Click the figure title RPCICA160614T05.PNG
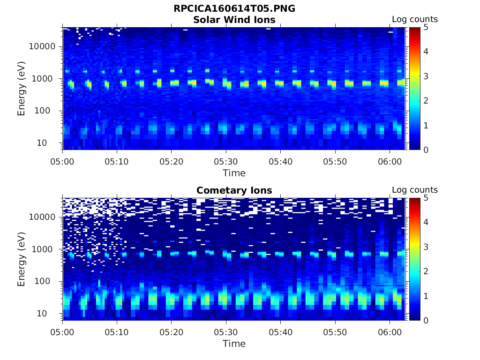tap(234, 8)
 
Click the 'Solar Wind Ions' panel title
tap(234, 20)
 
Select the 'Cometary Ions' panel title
tap(234, 190)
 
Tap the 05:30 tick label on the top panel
tap(226, 161)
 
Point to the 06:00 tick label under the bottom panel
tap(390, 332)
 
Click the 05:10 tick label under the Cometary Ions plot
tap(117, 332)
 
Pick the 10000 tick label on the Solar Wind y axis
tap(43, 46)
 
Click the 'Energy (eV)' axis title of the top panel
tap(22, 89)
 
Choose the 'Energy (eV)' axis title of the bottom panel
tap(22, 259)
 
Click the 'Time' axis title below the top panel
tap(234, 173)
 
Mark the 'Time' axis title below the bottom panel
tap(234, 344)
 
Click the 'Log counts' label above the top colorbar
tap(415, 19)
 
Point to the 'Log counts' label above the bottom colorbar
tap(415, 190)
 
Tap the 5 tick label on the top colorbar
tap(426, 27)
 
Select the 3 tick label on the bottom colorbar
tap(426, 247)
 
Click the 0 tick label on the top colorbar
tap(426, 150)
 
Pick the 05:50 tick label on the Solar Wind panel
tap(335, 161)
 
